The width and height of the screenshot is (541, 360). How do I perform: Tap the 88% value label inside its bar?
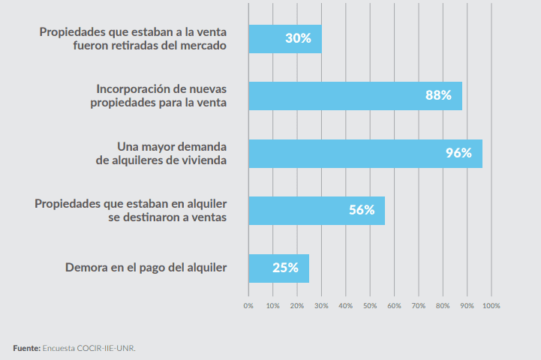[438, 95]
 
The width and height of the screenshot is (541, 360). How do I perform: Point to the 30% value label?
[298, 38]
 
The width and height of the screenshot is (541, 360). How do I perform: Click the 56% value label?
[362, 210]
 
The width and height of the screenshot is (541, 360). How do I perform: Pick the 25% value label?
[285, 268]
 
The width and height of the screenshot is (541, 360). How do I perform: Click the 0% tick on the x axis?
[248, 306]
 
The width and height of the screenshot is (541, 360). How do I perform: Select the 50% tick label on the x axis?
[370, 306]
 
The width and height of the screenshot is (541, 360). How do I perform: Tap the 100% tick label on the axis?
[491, 306]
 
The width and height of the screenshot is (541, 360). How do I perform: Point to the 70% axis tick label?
[419, 306]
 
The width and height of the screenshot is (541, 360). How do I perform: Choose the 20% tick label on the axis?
[297, 306]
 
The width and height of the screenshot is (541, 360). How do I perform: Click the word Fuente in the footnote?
[26, 348]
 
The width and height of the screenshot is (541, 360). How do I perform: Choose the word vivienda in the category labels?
[203, 160]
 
